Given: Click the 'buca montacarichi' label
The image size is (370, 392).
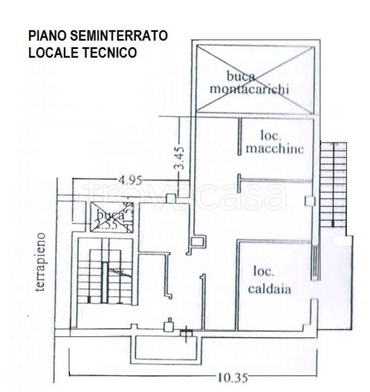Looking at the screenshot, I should [x=257, y=83].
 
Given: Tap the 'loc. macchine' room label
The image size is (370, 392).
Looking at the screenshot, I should [x=274, y=142].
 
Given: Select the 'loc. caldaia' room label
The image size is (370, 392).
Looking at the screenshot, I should [x=269, y=281].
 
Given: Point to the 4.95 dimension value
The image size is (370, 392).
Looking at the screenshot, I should [x=130, y=180].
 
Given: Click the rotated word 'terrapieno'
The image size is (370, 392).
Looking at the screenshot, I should [x=40, y=263].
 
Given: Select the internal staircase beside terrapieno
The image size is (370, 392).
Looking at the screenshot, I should [x=105, y=276].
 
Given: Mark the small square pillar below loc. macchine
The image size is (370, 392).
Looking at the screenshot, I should [x=309, y=202].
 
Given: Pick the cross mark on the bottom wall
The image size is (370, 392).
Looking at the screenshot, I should [x=187, y=333].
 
